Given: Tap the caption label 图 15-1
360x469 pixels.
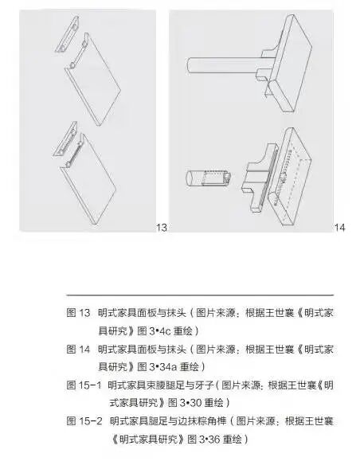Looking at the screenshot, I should pyautogui.click(x=84, y=385).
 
